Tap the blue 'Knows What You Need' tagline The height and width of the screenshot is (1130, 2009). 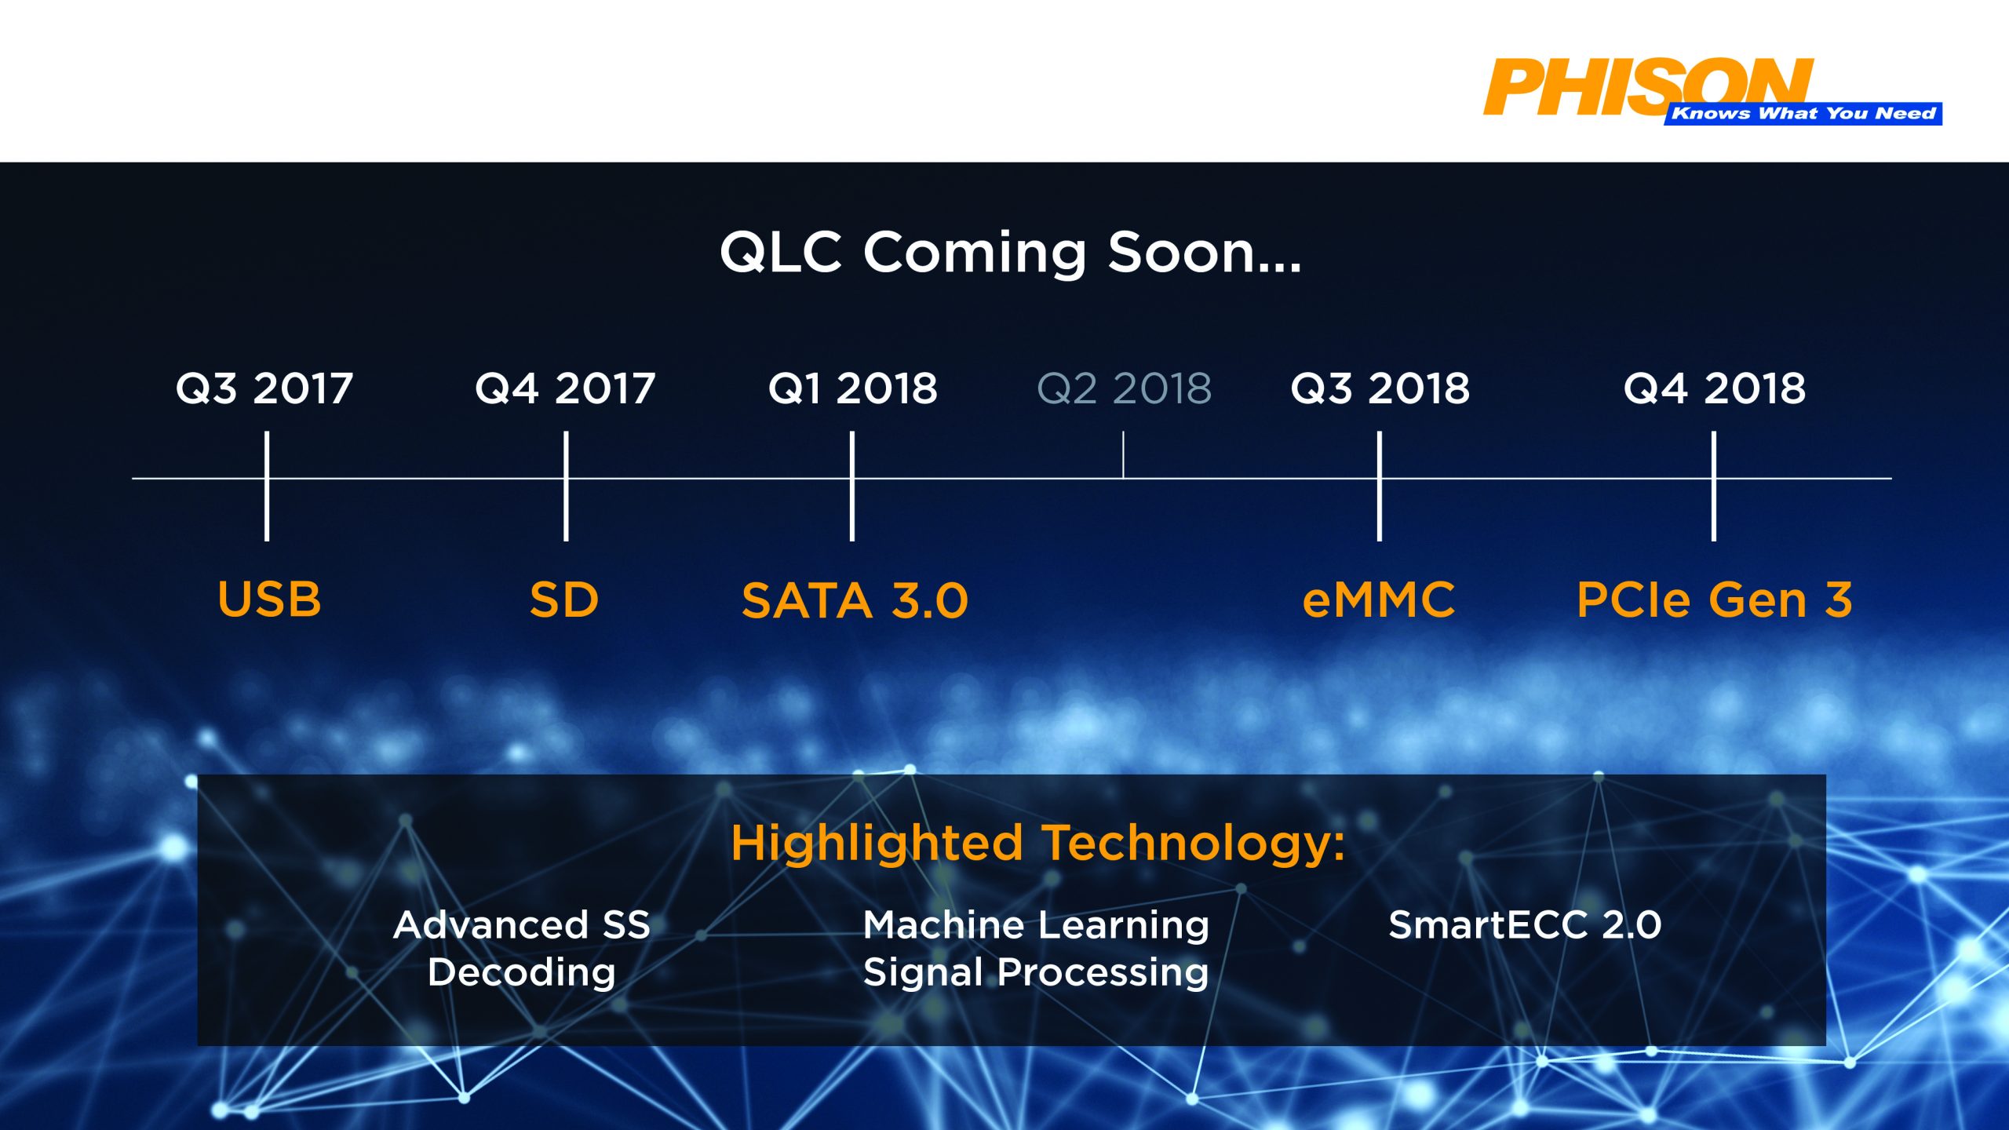point(1803,114)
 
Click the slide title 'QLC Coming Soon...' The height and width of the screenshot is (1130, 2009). point(1011,253)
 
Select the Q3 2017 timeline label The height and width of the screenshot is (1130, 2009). point(264,388)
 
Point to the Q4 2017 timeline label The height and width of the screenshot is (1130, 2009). point(565,388)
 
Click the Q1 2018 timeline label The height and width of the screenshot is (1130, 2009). point(853,388)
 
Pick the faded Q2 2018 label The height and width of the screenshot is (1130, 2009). point(1125,388)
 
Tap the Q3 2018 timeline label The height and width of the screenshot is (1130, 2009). point(1380,388)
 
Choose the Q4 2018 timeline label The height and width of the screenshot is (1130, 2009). point(1715,388)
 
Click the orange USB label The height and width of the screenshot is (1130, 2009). point(269,600)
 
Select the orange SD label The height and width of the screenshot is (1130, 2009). point(564,600)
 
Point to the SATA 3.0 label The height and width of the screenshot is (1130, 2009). point(855,601)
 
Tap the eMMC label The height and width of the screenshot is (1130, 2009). point(1379,600)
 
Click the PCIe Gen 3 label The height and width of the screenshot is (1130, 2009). point(1715,600)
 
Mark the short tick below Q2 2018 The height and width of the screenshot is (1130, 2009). point(1123,454)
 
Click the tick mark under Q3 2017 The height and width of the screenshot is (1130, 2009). point(267,486)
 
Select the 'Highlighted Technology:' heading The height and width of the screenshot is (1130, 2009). point(1037,844)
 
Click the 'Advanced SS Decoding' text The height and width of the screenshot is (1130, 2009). point(522,949)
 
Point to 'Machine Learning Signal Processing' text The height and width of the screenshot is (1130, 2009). point(1036,949)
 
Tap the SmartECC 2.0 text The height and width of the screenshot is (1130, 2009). point(1525,925)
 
